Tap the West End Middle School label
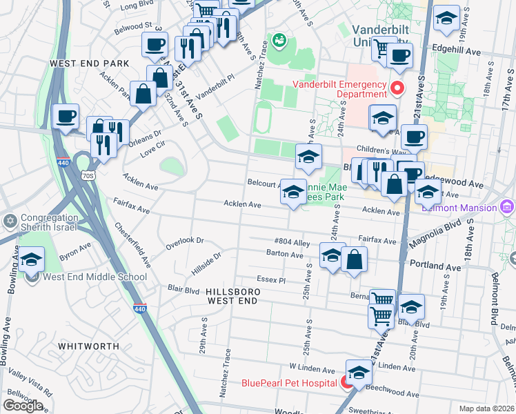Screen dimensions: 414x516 click(95, 277)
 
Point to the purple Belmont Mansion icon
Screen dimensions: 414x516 click(508, 207)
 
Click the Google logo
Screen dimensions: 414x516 click(23, 406)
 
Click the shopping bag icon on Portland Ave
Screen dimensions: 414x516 click(354, 259)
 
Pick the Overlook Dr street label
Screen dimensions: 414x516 click(185, 241)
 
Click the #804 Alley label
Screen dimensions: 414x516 click(292, 242)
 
